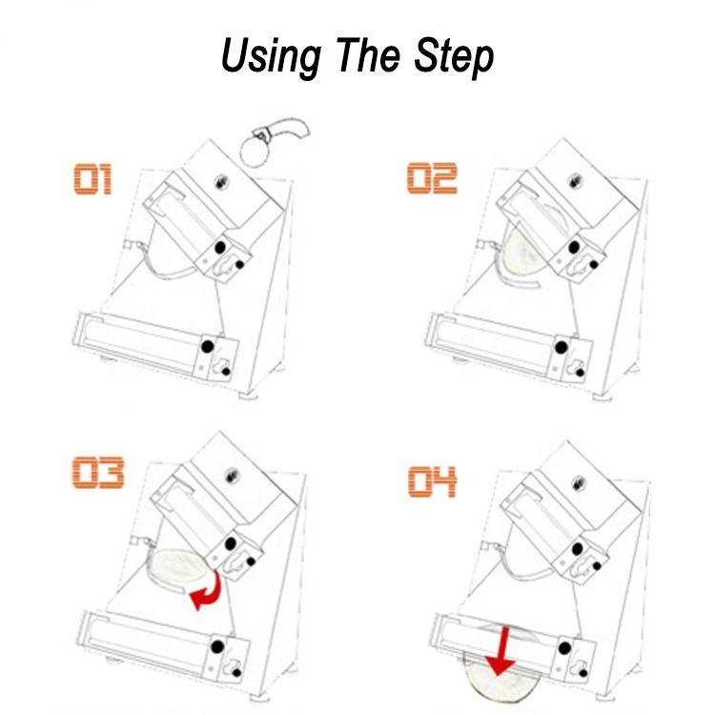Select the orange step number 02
tap(433, 178)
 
